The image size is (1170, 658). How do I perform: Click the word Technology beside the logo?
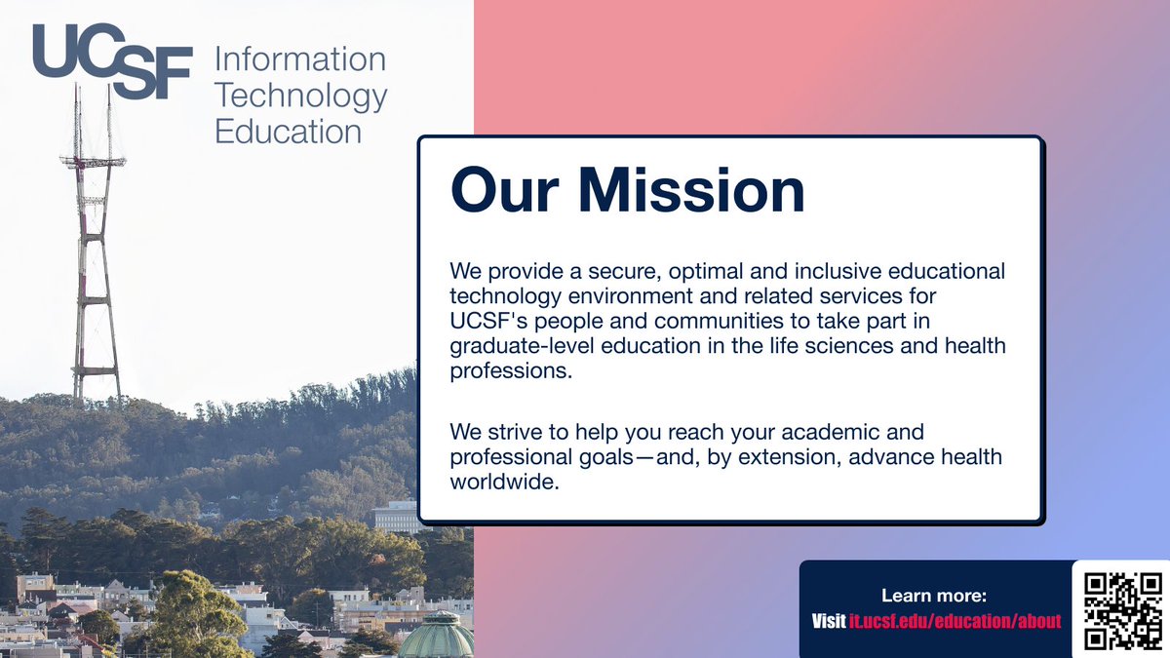coord(300,96)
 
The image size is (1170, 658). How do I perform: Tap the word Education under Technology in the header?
coord(288,131)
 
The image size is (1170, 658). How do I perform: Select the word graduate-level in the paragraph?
coord(517,346)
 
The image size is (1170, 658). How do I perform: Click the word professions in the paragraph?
coord(507,371)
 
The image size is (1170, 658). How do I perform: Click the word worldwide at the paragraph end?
coord(504,482)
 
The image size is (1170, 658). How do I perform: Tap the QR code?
coord(1123,610)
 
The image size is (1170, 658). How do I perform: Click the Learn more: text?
coord(935,596)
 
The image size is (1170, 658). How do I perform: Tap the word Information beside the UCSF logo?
coord(300,59)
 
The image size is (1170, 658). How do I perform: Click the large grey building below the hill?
coord(397,516)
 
